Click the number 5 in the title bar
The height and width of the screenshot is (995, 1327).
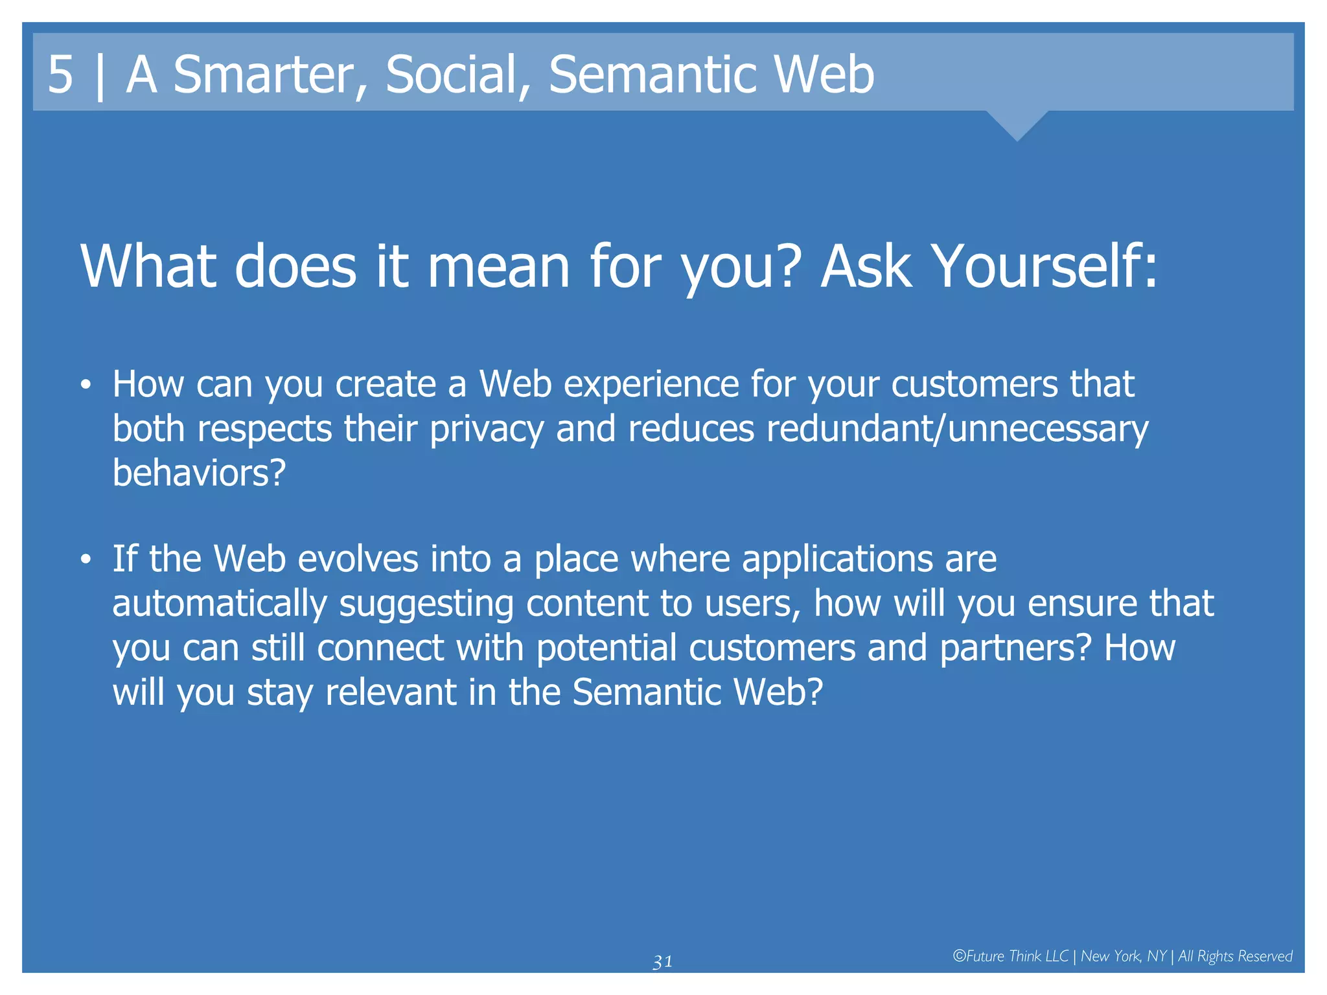pyautogui.click(x=60, y=74)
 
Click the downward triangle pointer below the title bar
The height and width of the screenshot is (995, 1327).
pyautogui.click(x=1017, y=124)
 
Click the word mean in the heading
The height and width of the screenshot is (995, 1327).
pyautogui.click(x=498, y=267)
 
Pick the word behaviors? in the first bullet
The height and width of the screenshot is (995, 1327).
pyautogui.click(x=199, y=473)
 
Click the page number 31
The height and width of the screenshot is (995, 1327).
pyautogui.click(x=662, y=962)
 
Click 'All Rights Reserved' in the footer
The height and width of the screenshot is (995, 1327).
pyautogui.click(x=1234, y=957)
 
